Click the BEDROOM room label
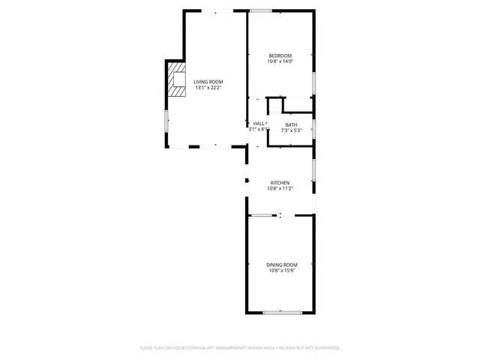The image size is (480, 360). [x=280, y=55]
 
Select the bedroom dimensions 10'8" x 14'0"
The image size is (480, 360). [x=280, y=61]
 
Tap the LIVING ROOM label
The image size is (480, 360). [x=208, y=82]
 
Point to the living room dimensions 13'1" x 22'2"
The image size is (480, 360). [x=208, y=88]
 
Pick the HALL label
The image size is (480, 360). [x=259, y=123]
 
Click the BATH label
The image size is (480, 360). [x=291, y=124]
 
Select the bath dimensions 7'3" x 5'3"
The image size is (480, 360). [x=291, y=130]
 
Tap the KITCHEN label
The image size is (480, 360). [x=280, y=182]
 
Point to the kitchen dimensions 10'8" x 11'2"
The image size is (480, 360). [x=280, y=188]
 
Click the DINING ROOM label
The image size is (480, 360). [x=281, y=265]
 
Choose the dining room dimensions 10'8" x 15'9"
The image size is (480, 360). [x=281, y=271]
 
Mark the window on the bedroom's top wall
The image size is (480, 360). [x=260, y=10]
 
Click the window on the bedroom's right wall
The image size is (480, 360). [x=313, y=80]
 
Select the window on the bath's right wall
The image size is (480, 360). [x=313, y=128]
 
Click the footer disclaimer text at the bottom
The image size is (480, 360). [x=240, y=348]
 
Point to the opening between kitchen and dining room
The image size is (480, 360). [x=280, y=216]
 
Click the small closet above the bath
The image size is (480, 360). [x=297, y=105]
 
